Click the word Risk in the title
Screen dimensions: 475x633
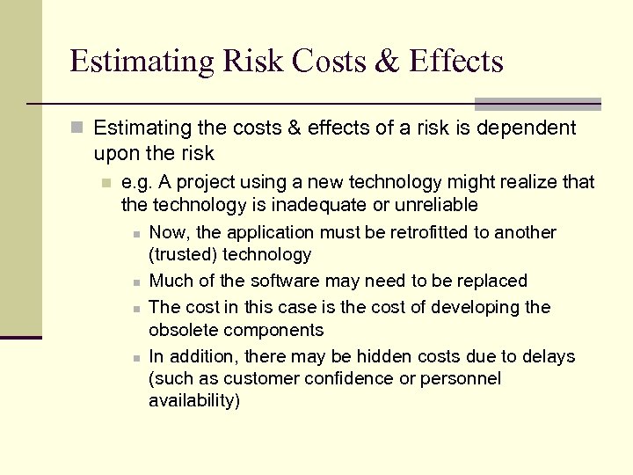coord(256,62)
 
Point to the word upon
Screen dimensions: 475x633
coord(117,154)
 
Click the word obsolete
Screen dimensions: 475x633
coord(180,331)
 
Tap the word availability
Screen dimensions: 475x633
coord(193,401)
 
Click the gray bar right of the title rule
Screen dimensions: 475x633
coord(537,104)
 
